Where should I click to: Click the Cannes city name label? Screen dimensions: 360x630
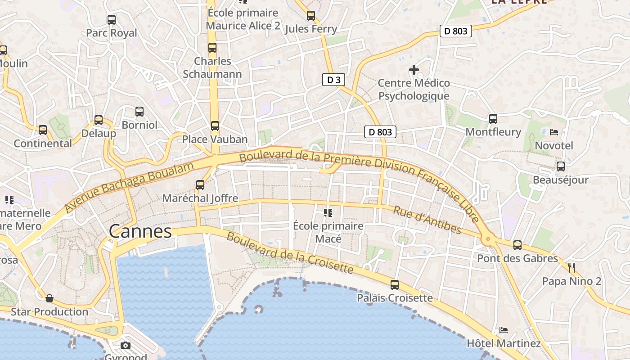140,231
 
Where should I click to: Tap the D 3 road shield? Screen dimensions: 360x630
334,80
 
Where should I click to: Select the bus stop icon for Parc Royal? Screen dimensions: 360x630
112,20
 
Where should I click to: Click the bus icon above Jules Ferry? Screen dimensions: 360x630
311,16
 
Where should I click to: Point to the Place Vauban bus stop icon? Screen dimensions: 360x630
215,126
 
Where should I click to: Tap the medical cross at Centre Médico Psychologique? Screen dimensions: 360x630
414,70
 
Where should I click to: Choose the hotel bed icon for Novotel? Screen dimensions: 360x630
554,132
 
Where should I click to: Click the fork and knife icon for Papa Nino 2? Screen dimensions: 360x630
571,268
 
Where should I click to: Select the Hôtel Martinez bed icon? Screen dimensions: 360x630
504,330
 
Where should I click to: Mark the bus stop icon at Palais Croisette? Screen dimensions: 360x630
395,284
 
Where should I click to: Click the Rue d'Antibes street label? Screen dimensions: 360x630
427,220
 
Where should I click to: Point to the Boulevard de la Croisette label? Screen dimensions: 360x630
290,252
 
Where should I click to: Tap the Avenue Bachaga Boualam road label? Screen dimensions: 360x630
129,187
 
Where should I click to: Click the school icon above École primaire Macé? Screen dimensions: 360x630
328,212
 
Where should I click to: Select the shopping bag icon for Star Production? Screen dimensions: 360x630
49,298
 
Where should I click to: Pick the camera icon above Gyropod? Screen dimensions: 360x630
126,345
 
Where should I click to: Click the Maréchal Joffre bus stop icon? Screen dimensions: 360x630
200,184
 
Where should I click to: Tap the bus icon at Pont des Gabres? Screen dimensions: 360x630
517,245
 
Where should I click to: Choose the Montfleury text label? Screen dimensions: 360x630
493,132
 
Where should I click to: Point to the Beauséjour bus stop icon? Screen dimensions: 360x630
561,166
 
